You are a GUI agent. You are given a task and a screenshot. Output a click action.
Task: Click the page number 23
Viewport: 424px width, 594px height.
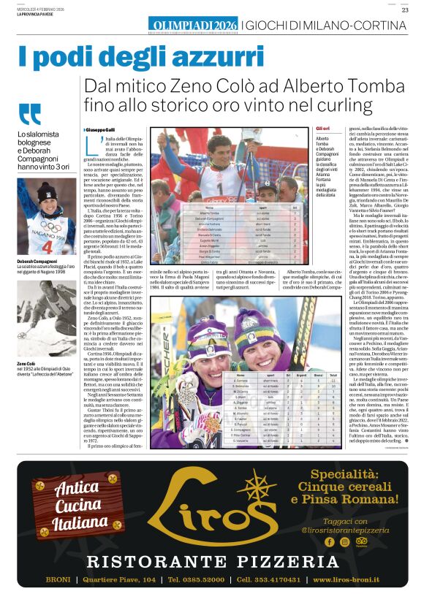(x=404, y=9)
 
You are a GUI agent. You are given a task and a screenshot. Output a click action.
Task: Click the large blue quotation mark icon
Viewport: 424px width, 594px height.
(x=30, y=115)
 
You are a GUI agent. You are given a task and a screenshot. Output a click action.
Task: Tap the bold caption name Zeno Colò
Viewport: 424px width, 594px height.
(x=26, y=363)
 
